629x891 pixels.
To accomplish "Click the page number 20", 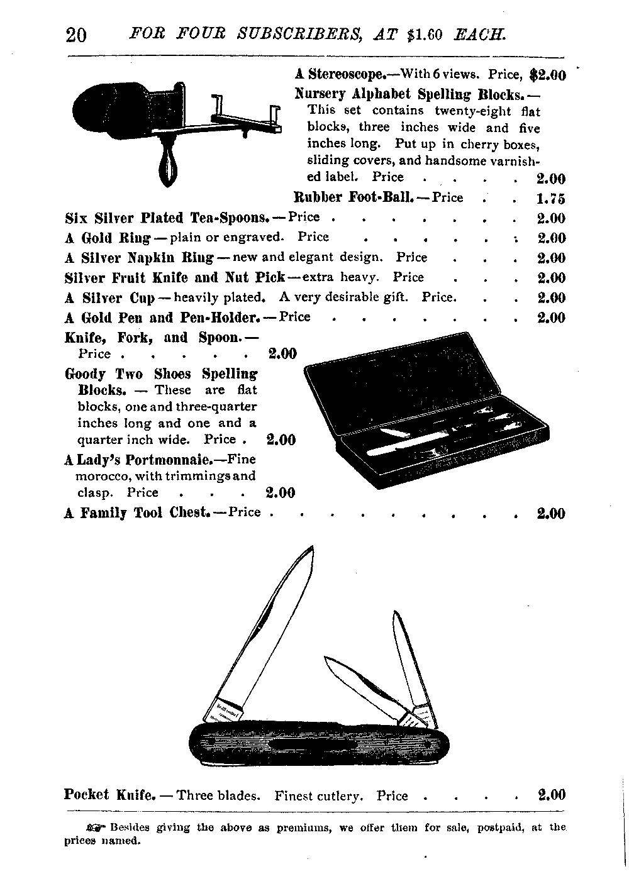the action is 76,35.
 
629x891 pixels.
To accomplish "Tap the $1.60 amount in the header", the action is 424,35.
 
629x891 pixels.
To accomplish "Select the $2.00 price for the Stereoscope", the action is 548,75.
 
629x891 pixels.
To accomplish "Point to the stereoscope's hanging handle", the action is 168,163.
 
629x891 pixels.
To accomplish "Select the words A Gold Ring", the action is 108,238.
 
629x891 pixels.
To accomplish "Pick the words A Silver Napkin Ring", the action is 139,258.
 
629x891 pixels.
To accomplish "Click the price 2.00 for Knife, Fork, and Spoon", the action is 282,353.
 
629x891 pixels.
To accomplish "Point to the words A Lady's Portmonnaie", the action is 140,460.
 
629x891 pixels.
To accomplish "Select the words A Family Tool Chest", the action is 137,512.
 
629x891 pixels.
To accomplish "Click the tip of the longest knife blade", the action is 313,546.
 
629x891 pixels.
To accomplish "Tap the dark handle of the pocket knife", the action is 319,743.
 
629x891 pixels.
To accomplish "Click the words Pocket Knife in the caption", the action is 109,794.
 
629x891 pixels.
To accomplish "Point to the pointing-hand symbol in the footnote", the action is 96,827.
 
